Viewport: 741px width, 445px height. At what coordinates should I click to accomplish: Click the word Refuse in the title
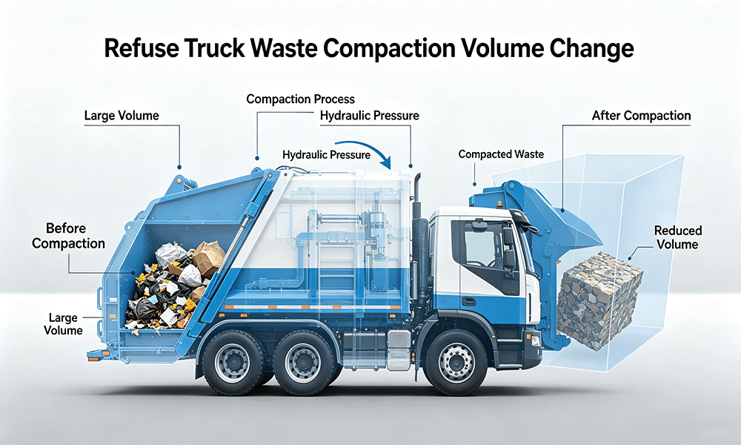[141, 49]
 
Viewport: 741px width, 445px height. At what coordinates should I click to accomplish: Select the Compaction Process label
[301, 99]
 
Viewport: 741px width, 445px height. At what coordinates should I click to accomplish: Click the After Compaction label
[641, 116]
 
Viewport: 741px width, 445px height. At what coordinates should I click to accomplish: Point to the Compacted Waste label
[501, 154]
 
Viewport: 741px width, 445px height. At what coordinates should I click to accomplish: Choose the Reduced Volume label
[678, 237]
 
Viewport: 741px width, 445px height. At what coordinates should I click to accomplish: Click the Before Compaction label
[68, 236]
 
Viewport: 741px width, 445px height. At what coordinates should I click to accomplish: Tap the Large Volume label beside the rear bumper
[63, 324]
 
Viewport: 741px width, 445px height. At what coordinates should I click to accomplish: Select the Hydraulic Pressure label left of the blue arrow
[326, 155]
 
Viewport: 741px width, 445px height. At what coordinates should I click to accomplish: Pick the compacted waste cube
[599, 300]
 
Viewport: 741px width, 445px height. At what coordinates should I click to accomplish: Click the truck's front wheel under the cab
[456, 362]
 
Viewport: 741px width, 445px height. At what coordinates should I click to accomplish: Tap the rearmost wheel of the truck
[233, 362]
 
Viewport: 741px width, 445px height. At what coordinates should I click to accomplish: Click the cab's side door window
[483, 246]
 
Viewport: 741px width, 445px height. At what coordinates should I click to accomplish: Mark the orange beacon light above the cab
[499, 204]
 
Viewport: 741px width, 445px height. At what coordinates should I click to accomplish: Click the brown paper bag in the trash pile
[208, 258]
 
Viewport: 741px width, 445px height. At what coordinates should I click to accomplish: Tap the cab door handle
[469, 302]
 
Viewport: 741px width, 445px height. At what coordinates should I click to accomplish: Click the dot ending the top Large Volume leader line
[179, 167]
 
